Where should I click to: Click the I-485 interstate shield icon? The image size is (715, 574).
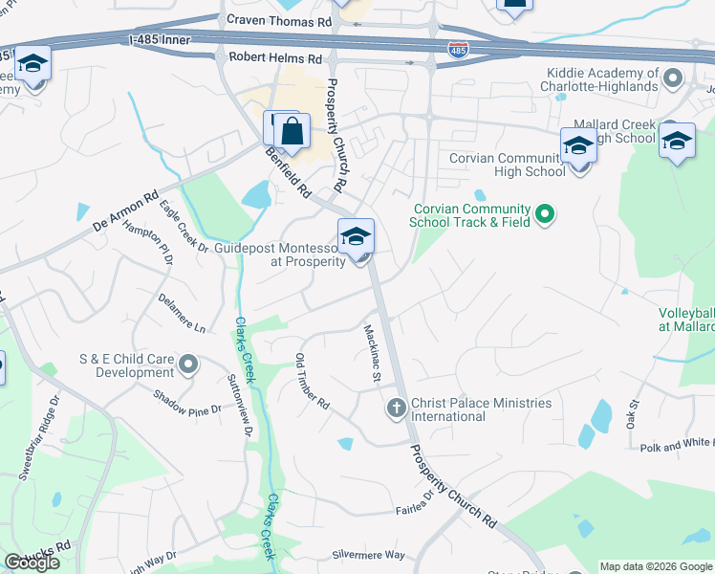(x=459, y=51)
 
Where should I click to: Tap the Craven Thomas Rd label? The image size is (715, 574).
(x=278, y=20)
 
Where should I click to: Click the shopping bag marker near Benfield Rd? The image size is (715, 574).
(x=292, y=131)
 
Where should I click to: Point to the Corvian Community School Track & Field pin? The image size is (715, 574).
(x=545, y=213)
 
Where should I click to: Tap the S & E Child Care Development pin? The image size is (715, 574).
(x=188, y=364)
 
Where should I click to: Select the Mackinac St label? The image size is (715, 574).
(x=371, y=354)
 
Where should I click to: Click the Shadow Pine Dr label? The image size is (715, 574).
(x=187, y=401)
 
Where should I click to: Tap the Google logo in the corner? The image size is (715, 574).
(x=32, y=563)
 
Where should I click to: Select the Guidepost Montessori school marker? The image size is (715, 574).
(x=356, y=237)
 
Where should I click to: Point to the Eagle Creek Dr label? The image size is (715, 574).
(x=184, y=226)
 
